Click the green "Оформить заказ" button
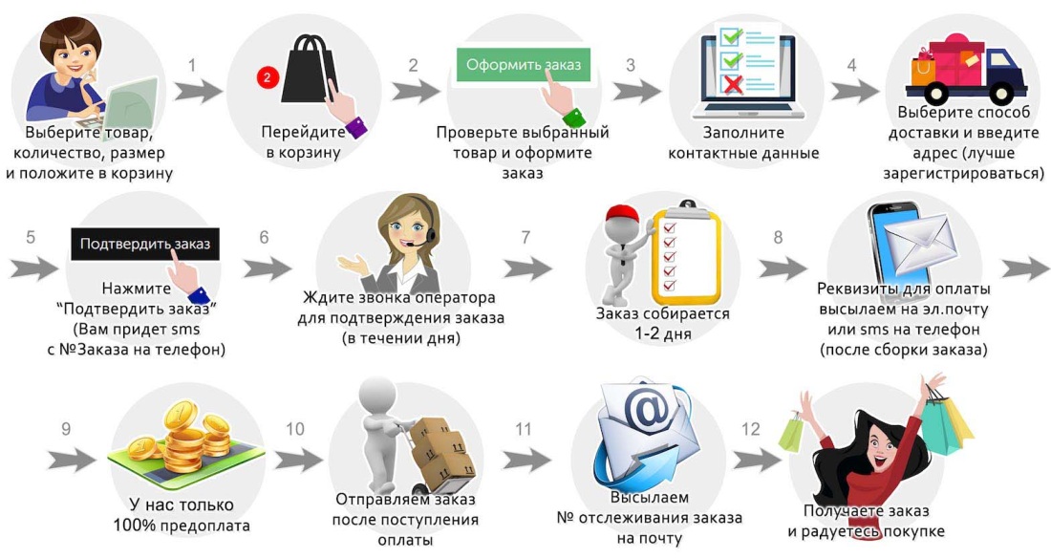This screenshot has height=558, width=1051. pos(523,65)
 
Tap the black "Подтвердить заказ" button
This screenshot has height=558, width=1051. pos(145,244)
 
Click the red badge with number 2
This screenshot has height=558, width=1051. pos(268,78)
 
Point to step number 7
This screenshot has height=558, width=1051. pos(525,237)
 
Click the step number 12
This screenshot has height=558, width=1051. pos(751,429)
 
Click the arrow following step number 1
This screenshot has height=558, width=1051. pos(198,92)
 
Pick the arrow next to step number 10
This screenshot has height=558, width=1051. pos(300,460)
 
